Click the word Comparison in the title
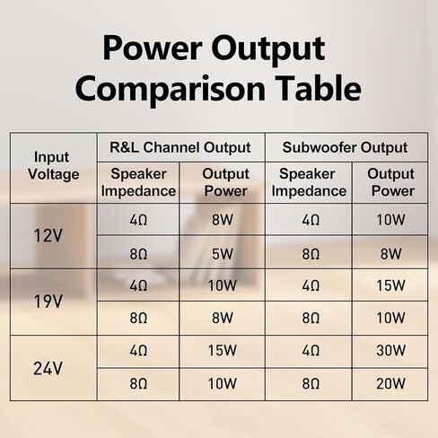point(170,90)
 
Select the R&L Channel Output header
point(180,147)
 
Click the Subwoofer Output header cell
point(345,147)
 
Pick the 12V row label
point(48,235)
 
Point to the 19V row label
point(48,302)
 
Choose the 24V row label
point(48,368)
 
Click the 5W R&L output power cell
point(223,254)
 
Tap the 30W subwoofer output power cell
point(390,350)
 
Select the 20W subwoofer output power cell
point(390,383)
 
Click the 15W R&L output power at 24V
point(223,350)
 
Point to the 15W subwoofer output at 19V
point(390,285)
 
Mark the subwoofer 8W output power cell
point(390,254)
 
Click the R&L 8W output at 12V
point(223,220)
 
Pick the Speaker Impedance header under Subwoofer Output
point(309,182)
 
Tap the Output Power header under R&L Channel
point(225,182)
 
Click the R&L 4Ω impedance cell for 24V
point(138,350)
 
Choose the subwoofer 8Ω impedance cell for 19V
point(311,318)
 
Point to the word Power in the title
point(152,48)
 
